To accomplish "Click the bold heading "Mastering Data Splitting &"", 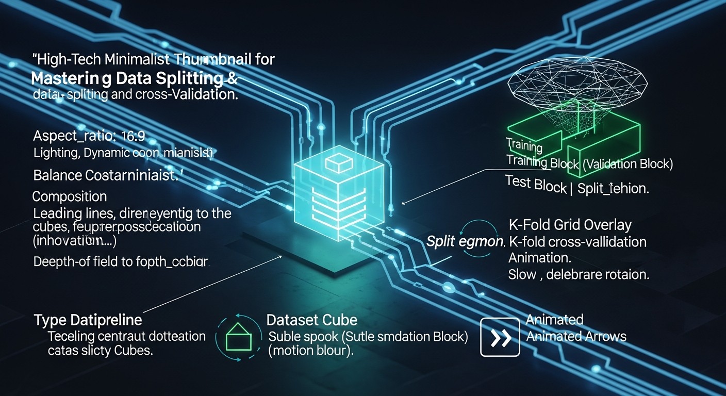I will point(129,79).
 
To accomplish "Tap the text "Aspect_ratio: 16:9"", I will point(89,137).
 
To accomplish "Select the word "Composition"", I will point(70,196).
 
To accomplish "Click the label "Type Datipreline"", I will point(88,320).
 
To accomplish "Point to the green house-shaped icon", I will point(239,338).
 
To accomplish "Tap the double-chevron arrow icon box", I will point(500,337).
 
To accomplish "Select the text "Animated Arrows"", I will point(576,337).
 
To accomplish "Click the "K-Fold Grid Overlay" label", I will point(570,225).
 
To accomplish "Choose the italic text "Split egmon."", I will point(465,241).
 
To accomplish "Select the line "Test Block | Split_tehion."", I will point(576,185).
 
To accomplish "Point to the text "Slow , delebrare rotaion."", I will point(579,274).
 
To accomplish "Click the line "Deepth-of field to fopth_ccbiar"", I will point(121,262).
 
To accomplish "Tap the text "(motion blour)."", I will point(311,351).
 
